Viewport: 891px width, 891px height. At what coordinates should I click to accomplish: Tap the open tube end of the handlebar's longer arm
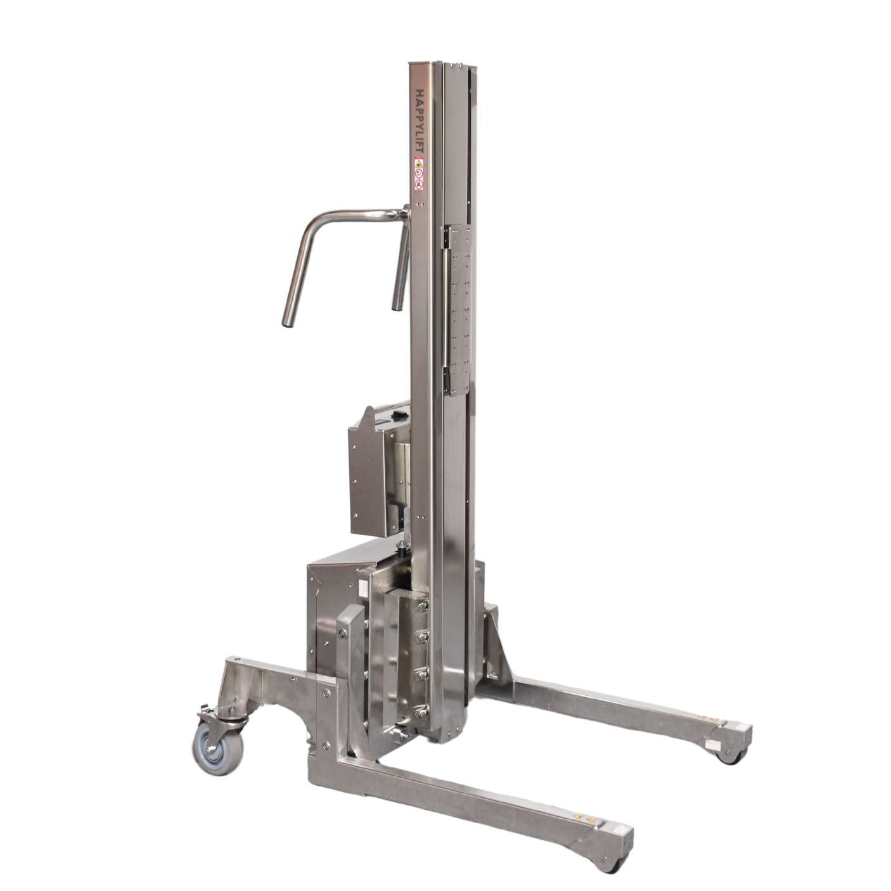(x=288, y=324)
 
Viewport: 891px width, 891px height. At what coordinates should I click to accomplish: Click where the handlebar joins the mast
(x=406, y=213)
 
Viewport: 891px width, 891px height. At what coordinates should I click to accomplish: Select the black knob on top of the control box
(x=397, y=416)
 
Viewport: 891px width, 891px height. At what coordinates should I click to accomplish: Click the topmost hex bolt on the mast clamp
(x=421, y=606)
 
